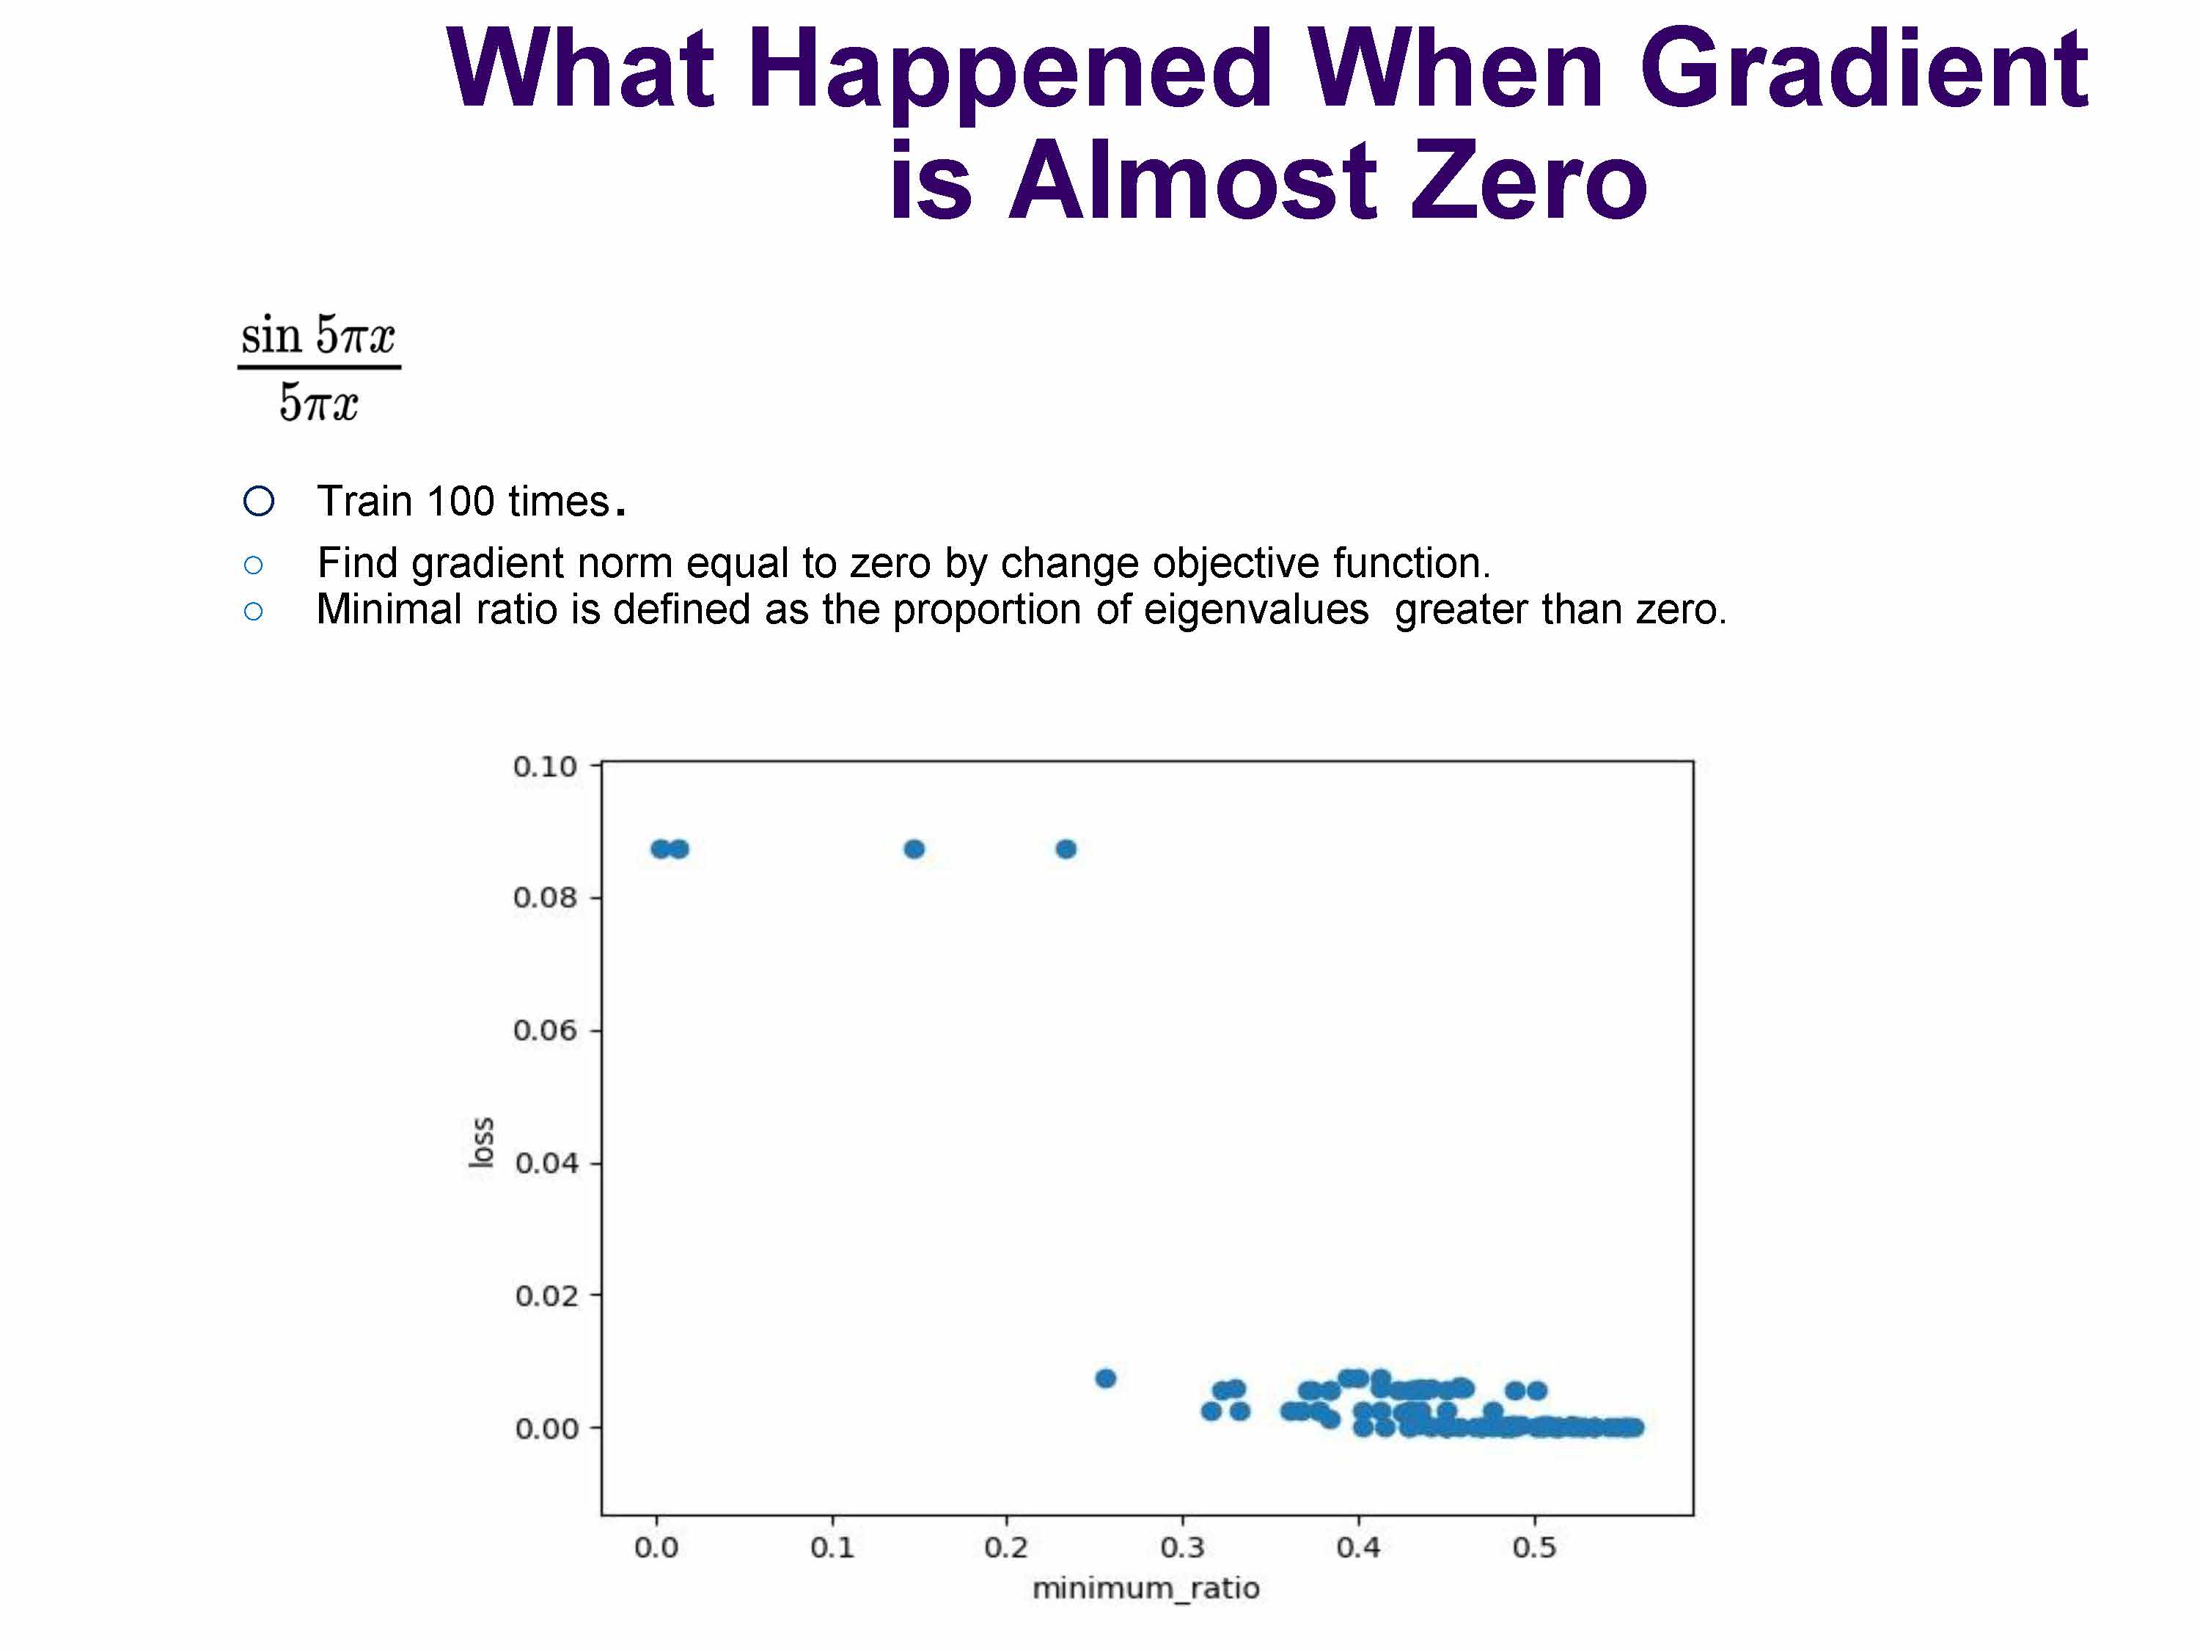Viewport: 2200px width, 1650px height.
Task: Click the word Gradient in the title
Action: (x=1863, y=67)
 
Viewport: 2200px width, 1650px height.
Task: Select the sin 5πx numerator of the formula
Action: (x=318, y=334)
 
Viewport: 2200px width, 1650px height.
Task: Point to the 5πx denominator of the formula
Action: (x=318, y=403)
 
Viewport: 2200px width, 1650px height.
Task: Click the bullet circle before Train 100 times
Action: (x=259, y=502)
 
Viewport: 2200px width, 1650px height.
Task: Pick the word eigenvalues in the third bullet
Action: (x=1255, y=609)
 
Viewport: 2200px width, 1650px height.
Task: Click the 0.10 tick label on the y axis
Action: (x=544, y=767)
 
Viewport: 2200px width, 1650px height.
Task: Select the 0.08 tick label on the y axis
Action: (x=544, y=898)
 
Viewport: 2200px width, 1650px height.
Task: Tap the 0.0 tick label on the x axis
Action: (x=656, y=1547)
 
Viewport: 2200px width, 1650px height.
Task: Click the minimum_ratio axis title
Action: (x=1145, y=1588)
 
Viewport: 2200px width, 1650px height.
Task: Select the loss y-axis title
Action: (x=481, y=1143)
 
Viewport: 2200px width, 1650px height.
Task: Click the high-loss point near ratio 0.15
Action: (x=914, y=849)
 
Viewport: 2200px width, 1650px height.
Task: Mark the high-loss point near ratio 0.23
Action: (x=1066, y=849)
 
